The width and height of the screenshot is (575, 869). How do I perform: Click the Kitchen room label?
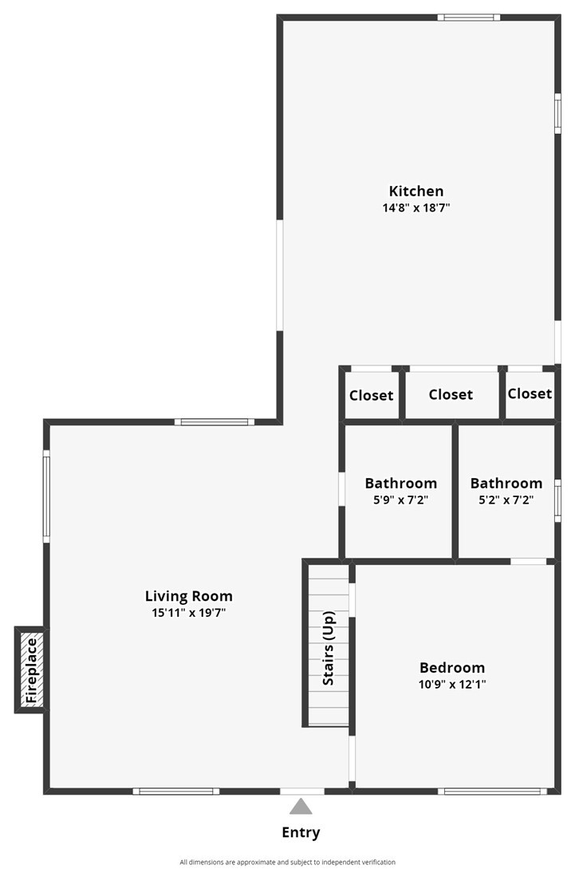tap(416, 192)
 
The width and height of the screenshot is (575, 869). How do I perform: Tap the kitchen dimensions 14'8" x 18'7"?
tap(416, 207)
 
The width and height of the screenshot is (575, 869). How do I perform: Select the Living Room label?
tap(189, 596)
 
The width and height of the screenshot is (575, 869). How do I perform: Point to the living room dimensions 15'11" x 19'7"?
tap(189, 613)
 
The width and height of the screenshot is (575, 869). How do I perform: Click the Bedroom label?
tap(452, 667)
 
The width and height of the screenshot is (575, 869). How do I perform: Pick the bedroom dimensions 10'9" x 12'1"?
tap(452, 684)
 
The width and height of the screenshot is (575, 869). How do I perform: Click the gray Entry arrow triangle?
tap(301, 807)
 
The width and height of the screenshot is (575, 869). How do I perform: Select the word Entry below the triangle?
tap(301, 832)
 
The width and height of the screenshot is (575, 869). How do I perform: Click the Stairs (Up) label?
tap(329, 648)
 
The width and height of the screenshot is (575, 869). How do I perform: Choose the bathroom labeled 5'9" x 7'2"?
tap(400, 491)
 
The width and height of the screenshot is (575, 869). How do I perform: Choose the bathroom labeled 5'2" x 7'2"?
tap(506, 491)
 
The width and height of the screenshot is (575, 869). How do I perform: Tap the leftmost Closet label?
tap(371, 396)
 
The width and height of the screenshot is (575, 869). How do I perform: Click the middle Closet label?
tap(451, 394)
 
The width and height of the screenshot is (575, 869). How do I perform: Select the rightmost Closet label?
tap(530, 393)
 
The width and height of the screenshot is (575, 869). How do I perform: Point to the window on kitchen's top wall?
tap(469, 18)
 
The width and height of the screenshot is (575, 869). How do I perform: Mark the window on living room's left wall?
tap(46, 496)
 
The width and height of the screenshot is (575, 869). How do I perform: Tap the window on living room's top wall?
tap(215, 422)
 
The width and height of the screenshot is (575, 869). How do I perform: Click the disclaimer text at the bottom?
tap(287, 862)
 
